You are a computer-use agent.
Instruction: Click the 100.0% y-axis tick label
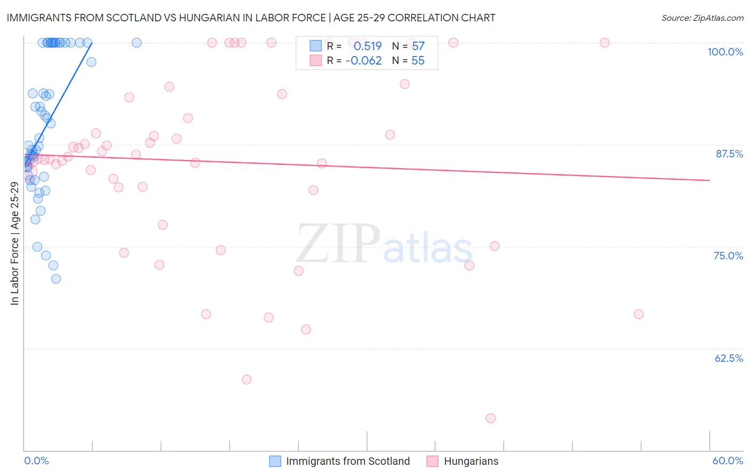coord(725,52)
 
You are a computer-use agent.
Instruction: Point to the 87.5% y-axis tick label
coord(729,154)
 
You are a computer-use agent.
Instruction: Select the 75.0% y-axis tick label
coord(728,256)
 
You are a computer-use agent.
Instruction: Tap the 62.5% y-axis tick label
coord(729,358)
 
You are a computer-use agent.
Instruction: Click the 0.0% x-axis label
coord(36,461)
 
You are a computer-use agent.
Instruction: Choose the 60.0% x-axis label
coord(728,461)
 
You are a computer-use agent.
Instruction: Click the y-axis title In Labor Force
coord(14,243)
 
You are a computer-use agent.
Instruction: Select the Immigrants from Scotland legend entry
coord(348,461)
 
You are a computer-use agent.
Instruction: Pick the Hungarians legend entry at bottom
coord(471,461)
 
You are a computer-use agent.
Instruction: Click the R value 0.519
coord(368,46)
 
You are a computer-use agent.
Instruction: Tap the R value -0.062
coord(364,61)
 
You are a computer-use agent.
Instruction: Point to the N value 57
coord(418,46)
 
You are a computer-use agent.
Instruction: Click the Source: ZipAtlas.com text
coord(702,18)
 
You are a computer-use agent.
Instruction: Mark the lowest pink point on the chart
coord(491,418)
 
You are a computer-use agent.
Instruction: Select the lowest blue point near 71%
coord(56,279)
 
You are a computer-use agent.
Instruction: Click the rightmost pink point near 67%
coord(639,314)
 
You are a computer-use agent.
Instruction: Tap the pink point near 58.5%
coord(246,379)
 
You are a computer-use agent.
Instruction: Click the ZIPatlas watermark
coord(384,245)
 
